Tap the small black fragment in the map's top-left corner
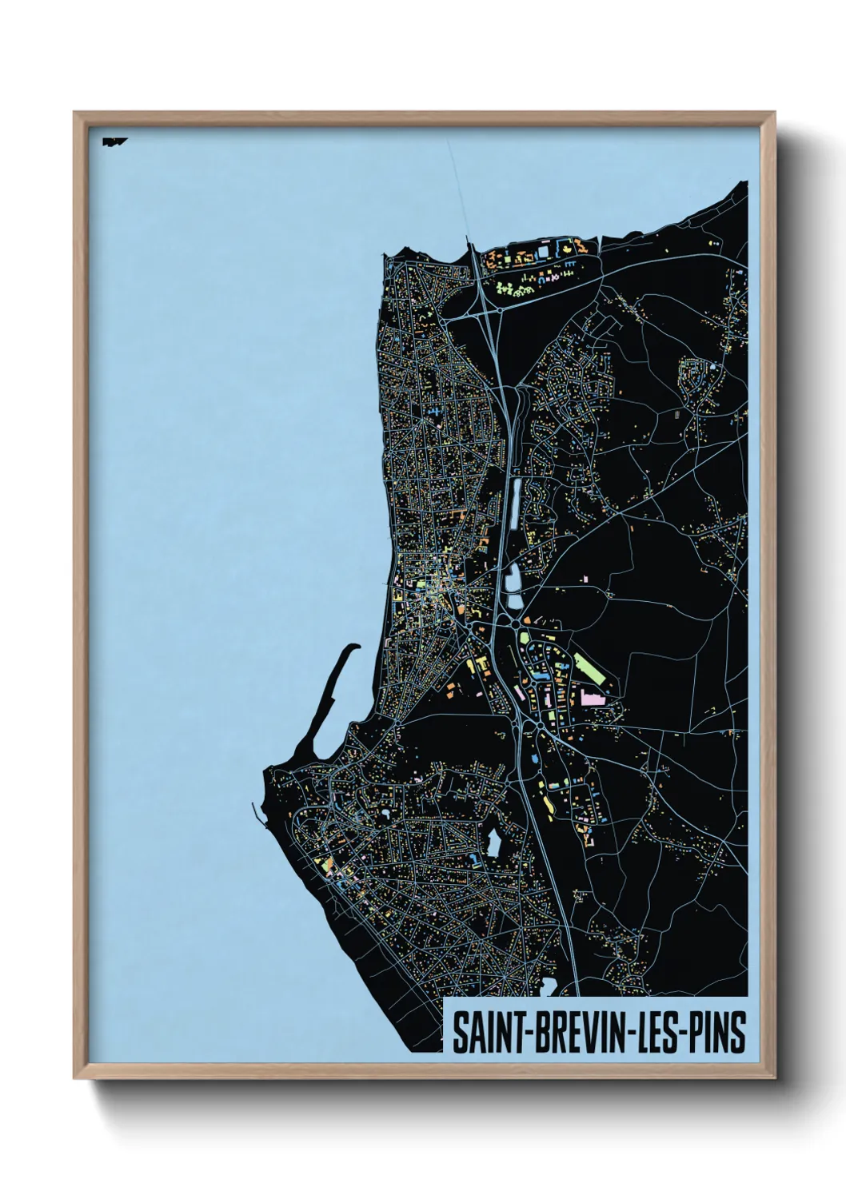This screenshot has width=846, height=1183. (x=113, y=142)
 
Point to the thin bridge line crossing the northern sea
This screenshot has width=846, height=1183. (x=460, y=192)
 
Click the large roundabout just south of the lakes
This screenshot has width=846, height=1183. (x=516, y=623)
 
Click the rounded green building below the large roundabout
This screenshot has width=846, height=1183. (x=525, y=639)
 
